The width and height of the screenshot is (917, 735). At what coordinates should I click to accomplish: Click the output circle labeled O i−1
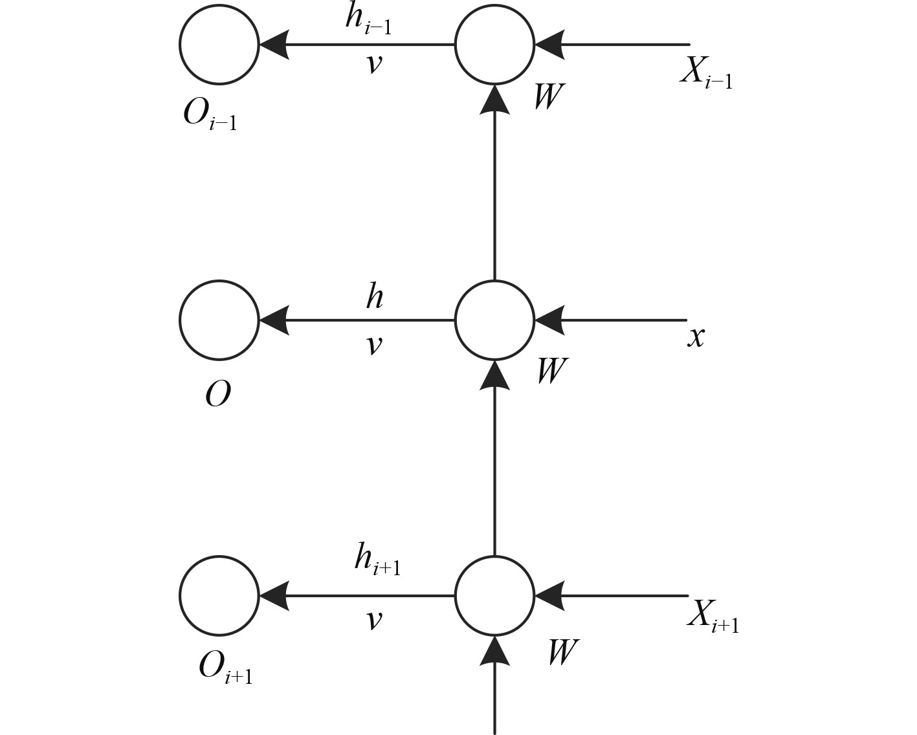219,45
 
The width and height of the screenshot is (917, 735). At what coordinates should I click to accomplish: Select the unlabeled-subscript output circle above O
219,320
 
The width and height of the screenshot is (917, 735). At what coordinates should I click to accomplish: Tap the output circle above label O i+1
219,595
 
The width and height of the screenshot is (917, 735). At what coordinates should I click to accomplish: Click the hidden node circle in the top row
494,45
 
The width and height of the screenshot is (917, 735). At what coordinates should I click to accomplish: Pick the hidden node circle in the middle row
494,320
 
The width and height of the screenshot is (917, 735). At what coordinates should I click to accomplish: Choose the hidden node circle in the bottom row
494,595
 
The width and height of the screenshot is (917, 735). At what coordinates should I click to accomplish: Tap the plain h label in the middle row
374,297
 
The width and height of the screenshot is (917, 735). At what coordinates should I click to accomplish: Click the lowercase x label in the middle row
696,336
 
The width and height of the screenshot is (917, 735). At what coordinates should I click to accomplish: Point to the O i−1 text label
210,116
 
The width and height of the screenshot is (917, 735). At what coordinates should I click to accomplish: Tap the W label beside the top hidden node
547,96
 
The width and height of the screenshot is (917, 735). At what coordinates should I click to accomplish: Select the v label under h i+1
373,620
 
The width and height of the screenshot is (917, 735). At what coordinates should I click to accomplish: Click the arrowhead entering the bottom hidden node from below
494,650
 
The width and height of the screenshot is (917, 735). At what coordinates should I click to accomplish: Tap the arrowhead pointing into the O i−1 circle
273,45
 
